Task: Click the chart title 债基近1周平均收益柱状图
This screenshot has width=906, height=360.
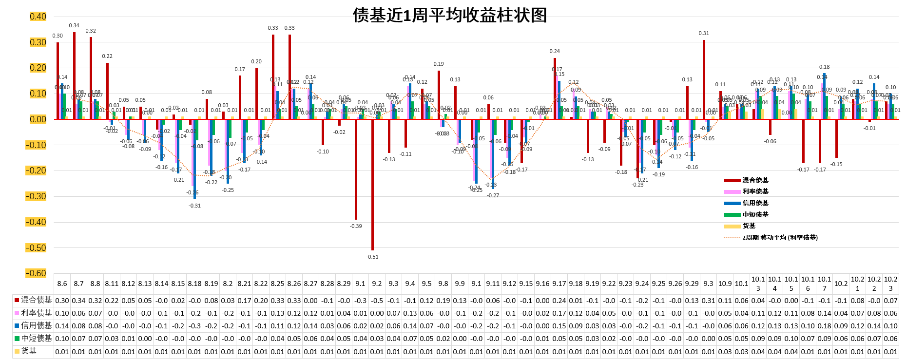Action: (449, 15)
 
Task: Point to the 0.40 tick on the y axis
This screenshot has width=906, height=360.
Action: (38, 17)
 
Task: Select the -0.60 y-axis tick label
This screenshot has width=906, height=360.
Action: (36, 273)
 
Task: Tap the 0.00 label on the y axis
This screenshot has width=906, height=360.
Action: (38, 119)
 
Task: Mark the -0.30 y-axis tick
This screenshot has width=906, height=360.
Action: (36, 196)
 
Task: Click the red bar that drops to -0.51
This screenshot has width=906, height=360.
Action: (372, 185)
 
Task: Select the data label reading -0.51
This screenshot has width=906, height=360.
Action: (372, 257)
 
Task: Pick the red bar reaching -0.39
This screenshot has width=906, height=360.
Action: (356, 169)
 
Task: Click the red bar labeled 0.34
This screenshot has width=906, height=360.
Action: (74, 76)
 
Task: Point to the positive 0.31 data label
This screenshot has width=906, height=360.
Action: (704, 33)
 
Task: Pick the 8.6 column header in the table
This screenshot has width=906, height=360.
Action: (62, 284)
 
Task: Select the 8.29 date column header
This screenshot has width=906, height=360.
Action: (344, 284)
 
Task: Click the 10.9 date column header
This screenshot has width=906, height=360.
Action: (725, 284)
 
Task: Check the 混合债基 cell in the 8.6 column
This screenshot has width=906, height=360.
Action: (62, 301)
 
